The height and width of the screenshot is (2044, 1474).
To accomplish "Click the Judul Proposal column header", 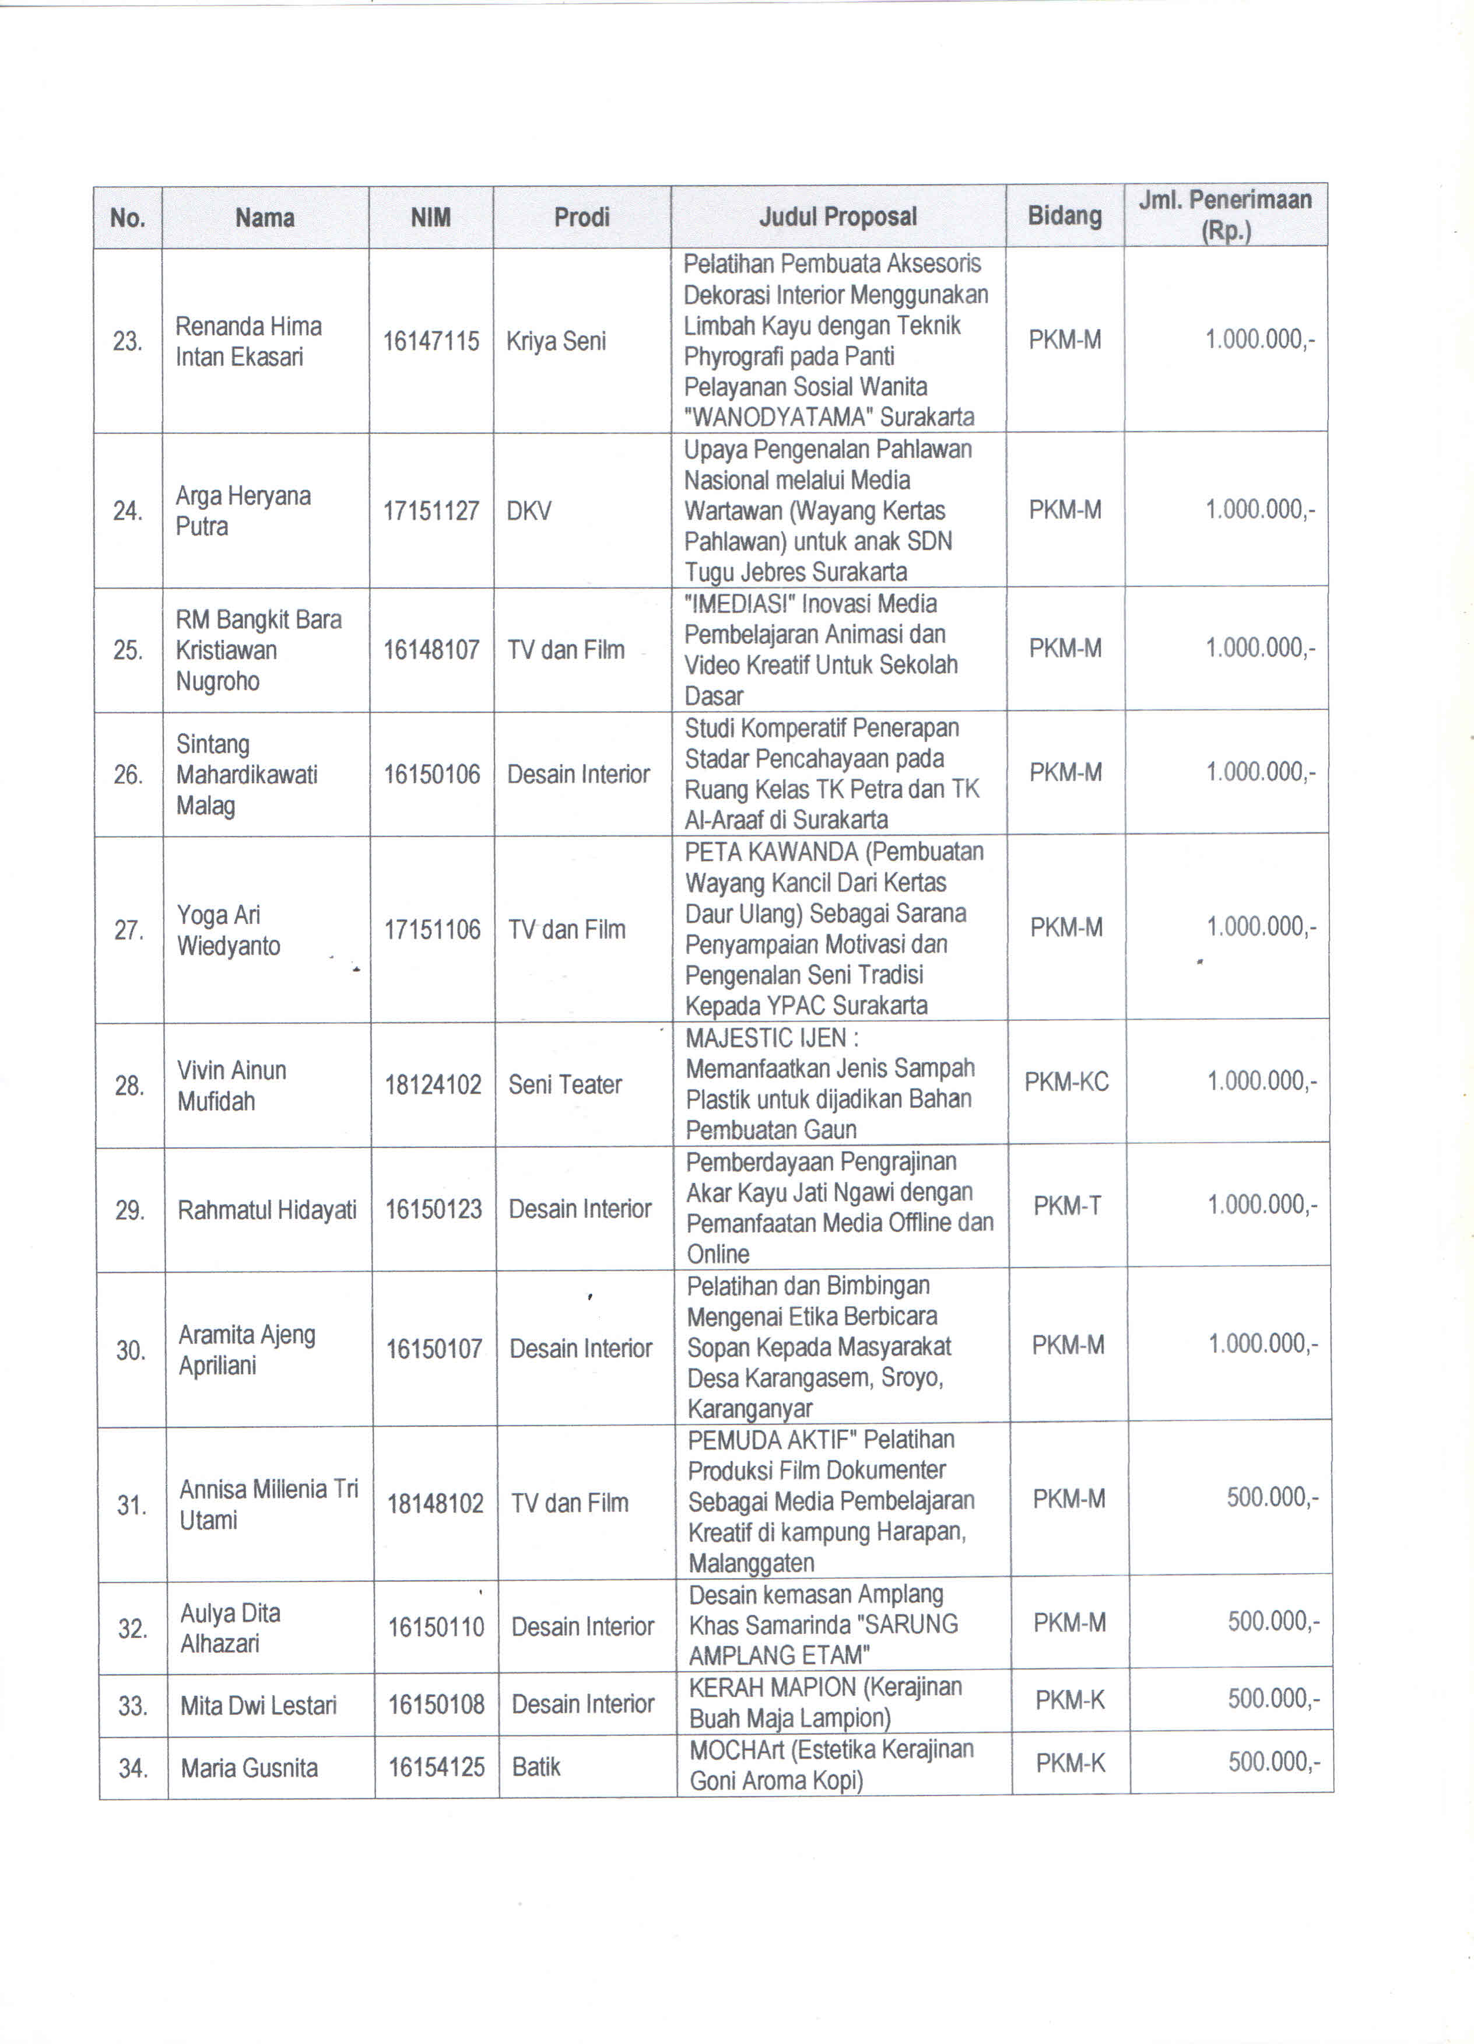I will point(837,216).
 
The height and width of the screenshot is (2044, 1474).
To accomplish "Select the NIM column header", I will point(431,217).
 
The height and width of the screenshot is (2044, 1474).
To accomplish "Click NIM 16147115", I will point(431,341).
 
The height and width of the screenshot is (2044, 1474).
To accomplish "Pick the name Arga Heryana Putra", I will point(243,511).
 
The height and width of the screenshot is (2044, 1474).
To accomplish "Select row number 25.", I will point(128,650).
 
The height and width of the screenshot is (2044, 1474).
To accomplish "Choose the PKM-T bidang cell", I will point(1067,1206).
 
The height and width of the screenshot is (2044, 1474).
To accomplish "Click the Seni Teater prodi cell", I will point(565,1084).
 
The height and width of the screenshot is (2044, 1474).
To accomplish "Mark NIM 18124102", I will point(433,1084).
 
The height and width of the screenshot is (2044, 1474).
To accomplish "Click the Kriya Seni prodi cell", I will point(556,341).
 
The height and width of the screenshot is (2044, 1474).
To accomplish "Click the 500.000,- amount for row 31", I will point(1272,1498).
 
